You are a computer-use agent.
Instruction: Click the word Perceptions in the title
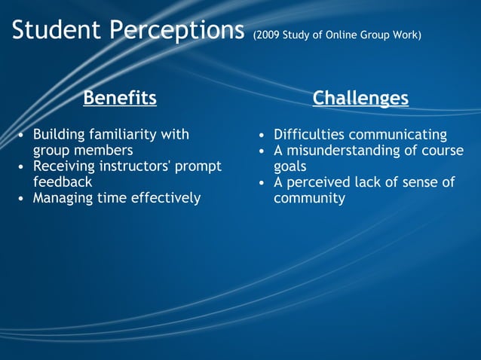tap(176, 31)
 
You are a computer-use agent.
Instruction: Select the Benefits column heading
tap(120, 98)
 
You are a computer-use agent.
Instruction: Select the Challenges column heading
tap(360, 98)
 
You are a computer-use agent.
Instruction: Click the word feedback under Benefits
tap(63, 182)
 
